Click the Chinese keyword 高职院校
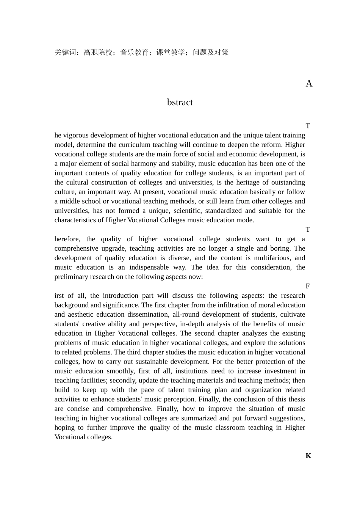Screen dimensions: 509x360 point(98,53)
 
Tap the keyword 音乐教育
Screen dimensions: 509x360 point(135,53)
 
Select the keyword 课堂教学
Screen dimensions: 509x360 point(171,53)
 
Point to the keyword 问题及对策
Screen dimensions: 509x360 point(211,53)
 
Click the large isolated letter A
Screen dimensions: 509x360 point(309,84)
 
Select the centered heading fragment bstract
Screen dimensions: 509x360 point(180,103)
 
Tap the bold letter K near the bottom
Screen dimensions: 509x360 point(308,456)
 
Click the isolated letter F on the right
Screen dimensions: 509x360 point(308,286)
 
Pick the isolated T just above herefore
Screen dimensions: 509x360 point(308,230)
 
